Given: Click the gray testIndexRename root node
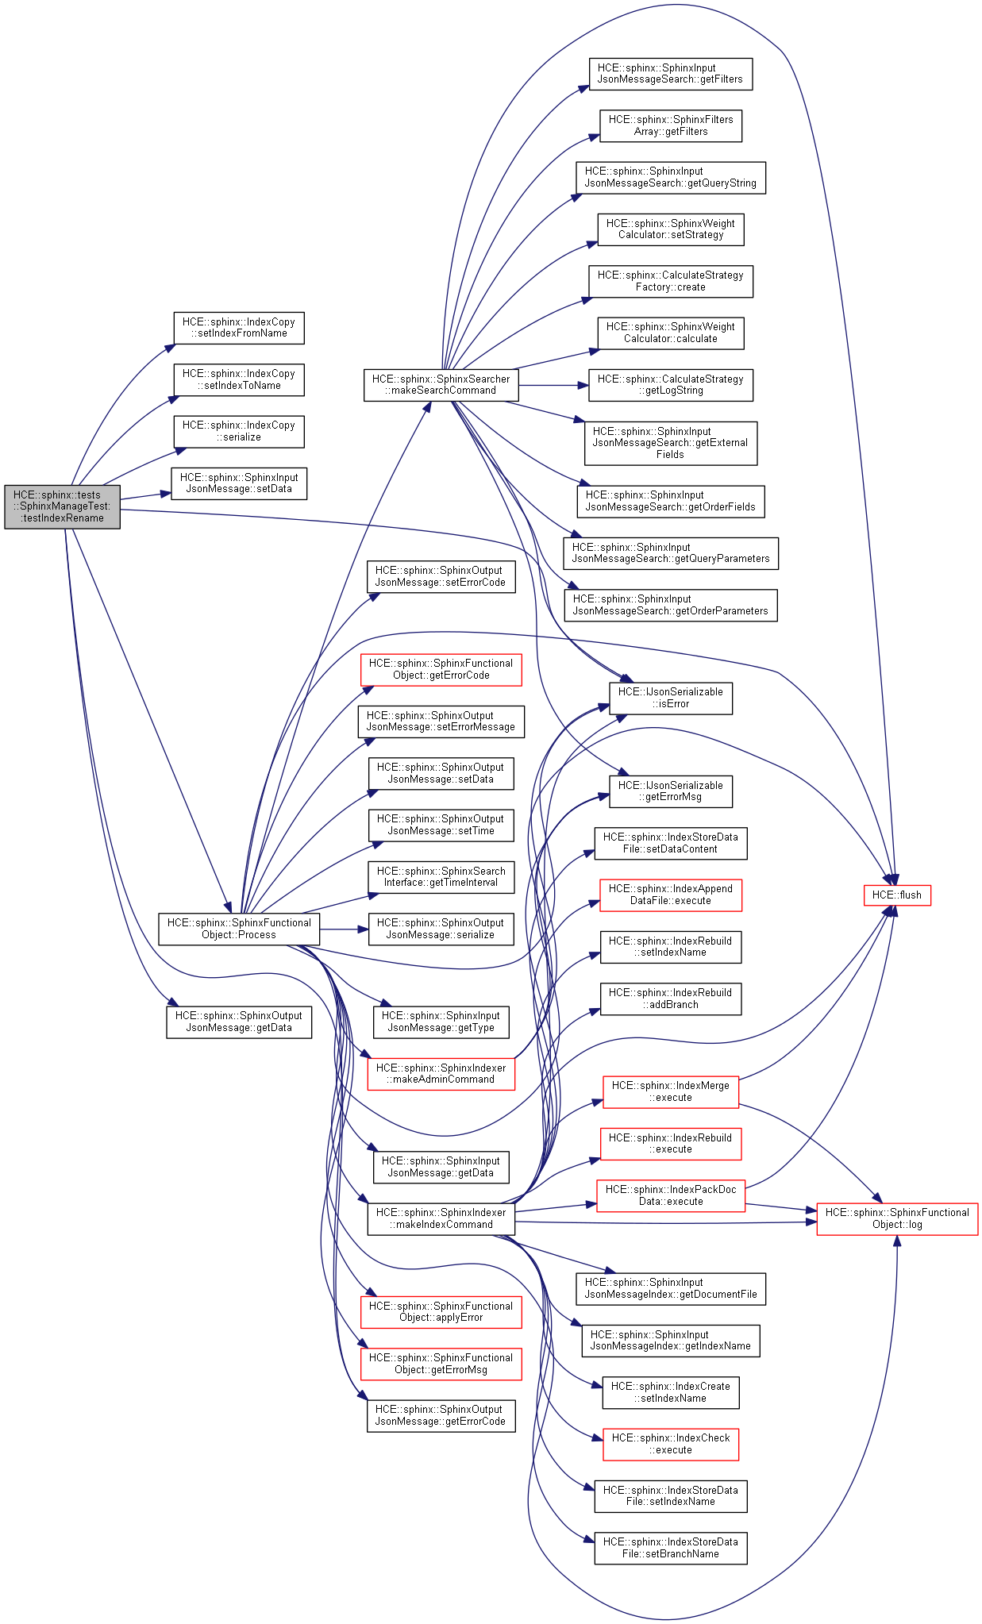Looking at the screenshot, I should [62, 506].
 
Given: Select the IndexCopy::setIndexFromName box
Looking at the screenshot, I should [239, 328].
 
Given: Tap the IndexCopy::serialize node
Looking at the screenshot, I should [239, 431].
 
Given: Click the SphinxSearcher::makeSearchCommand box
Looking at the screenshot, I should [441, 385].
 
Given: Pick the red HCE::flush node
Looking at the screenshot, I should [896, 895].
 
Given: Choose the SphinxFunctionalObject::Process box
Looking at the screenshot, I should [239, 929].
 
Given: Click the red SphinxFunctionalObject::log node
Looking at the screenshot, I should [897, 1218].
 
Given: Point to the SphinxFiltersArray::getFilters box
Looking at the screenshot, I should [671, 125].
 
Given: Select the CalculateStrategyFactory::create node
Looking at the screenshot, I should [671, 281].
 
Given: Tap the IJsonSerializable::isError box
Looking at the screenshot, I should [671, 698].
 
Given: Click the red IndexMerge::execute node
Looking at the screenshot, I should [671, 1091].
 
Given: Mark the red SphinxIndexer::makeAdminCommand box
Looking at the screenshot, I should [441, 1074].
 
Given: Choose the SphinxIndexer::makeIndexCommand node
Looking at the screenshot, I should [441, 1218].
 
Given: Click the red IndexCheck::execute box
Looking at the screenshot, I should [671, 1444].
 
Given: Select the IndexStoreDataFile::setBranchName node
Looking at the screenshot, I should [671, 1548].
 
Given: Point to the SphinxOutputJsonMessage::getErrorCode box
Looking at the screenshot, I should [441, 1415].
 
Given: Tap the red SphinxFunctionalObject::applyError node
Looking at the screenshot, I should [441, 1311].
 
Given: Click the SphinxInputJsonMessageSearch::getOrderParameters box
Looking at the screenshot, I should [671, 605].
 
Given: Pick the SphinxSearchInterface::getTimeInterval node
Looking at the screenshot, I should [441, 876].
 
